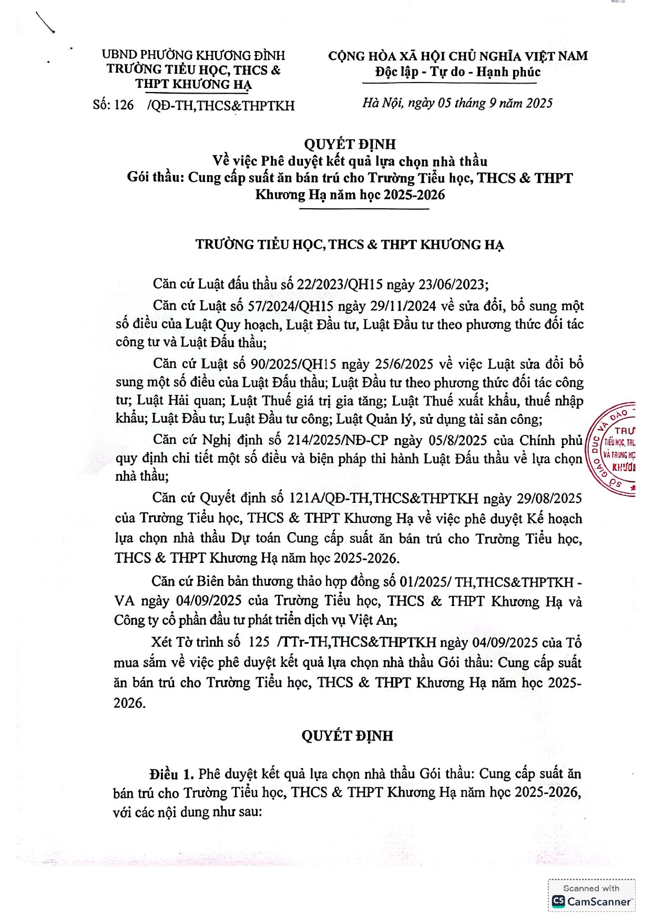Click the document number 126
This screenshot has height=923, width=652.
coord(124,105)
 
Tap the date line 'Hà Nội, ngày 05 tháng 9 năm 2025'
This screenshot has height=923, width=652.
coord(457,103)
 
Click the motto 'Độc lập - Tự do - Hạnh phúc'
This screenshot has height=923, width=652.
coord(457,72)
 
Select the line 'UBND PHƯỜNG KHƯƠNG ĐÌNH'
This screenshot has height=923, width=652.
coord(193,55)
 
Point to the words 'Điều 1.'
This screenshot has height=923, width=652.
coord(171,774)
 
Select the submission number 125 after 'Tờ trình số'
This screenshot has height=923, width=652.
coord(258,642)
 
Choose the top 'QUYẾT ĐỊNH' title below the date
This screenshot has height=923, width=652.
coord(350,144)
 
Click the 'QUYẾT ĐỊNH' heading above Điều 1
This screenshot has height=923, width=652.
coord(347,735)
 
